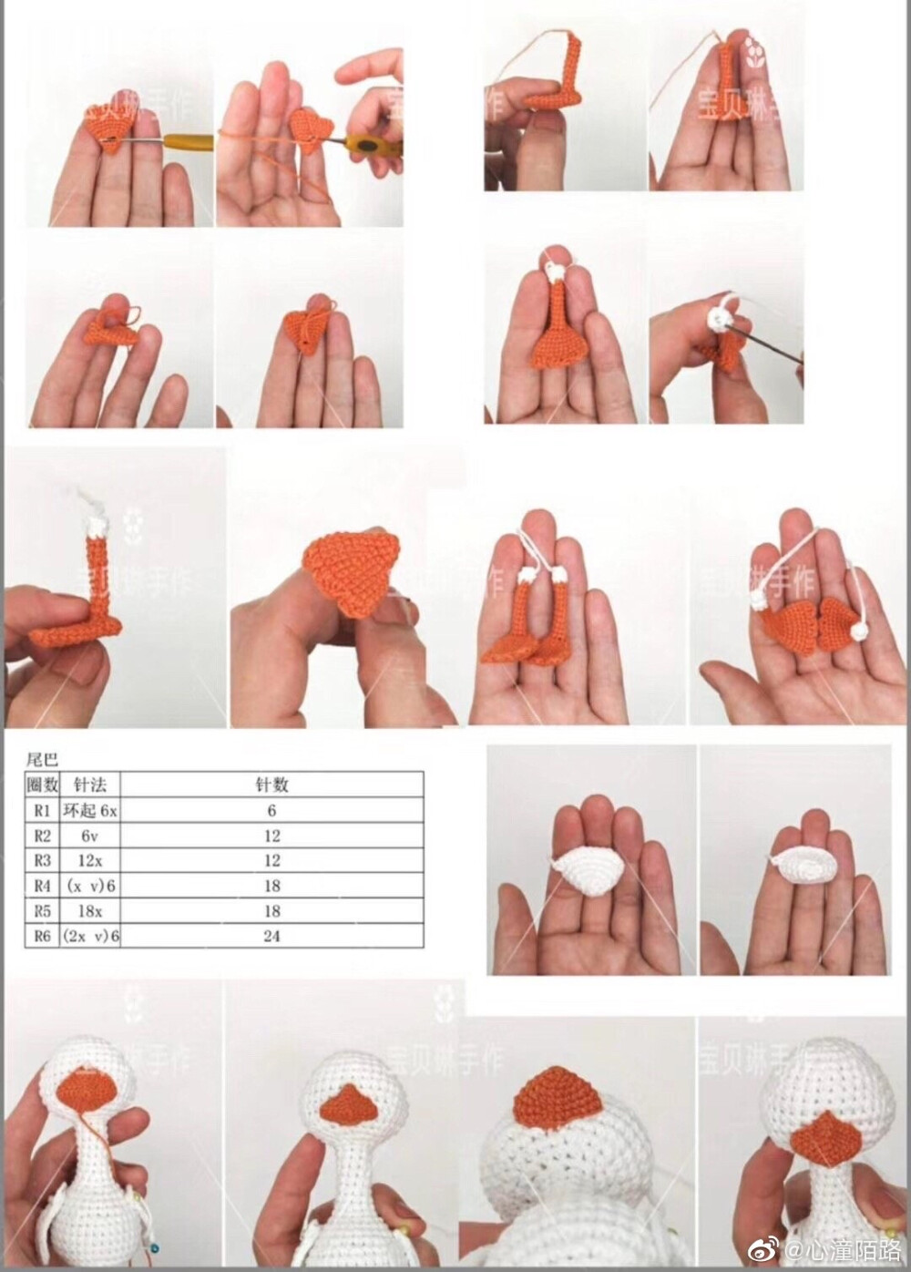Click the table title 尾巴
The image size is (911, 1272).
pyautogui.click(x=42, y=758)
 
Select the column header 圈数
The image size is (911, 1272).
pyautogui.click(x=43, y=784)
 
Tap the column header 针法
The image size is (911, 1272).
pyautogui.click(x=90, y=784)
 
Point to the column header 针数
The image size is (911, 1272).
pyautogui.click(x=271, y=784)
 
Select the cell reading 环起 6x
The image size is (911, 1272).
pyautogui.click(x=90, y=809)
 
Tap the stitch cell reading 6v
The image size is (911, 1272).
pyautogui.click(x=90, y=835)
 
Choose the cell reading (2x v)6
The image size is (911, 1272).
pyautogui.click(x=90, y=936)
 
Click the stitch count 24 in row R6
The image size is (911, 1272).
pyautogui.click(x=271, y=936)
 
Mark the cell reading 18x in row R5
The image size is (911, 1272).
pyautogui.click(x=90, y=910)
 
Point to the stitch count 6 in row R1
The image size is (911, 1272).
pyautogui.click(x=271, y=809)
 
